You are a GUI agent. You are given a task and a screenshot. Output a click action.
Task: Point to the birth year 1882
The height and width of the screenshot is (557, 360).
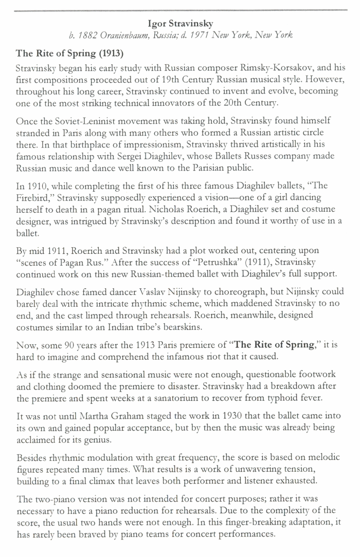click(88, 35)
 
